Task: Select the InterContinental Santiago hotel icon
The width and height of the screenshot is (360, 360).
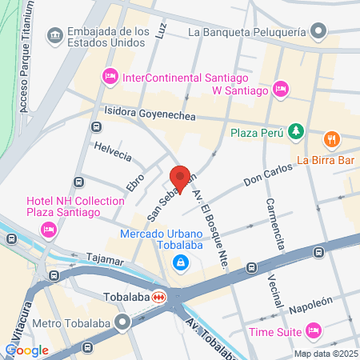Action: coord(110,77)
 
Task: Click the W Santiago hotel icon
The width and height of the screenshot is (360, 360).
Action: coord(280,90)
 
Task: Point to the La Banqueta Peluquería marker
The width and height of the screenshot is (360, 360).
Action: coord(319,32)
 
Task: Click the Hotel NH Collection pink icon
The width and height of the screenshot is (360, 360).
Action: coord(47,230)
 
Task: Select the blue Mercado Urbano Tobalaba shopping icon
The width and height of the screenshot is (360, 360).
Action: coord(182,262)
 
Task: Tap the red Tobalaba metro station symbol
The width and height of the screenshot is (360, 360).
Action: coord(160,296)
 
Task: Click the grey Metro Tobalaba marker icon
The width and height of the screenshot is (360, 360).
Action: coord(122,323)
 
